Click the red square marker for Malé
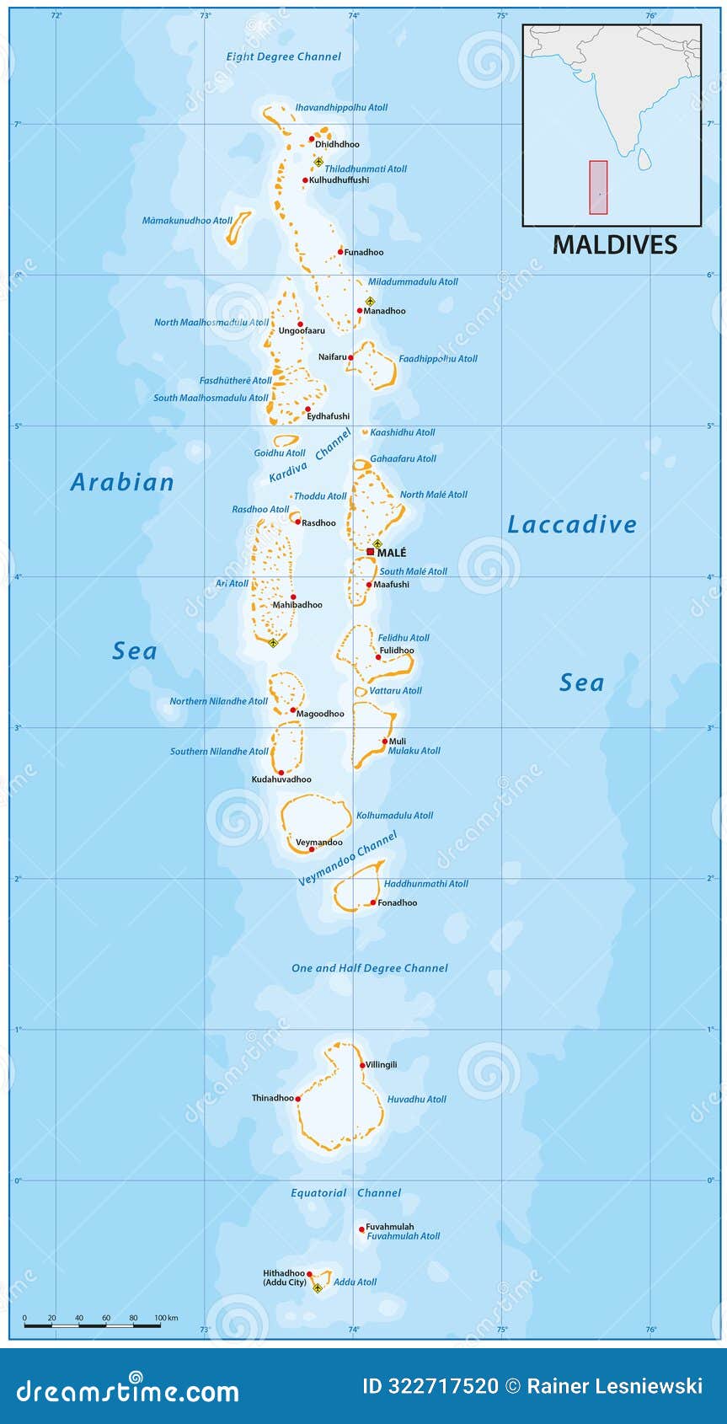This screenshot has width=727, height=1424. [370, 552]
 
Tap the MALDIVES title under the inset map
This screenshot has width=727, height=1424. [614, 245]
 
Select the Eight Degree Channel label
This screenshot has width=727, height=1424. [283, 56]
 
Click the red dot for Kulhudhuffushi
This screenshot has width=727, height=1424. [305, 180]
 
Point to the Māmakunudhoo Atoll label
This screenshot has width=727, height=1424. [186, 221]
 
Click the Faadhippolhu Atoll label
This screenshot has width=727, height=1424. [437, 359]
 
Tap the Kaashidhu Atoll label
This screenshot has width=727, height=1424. [403, 432]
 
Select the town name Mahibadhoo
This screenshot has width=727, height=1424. [297, 605]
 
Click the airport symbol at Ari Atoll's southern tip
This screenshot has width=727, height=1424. [272, 644]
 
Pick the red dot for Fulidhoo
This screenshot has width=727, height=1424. [378, 657]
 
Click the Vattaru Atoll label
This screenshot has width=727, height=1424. [395, 691]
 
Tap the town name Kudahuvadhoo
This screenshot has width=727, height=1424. [281, 780]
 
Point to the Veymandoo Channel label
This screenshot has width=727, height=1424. [347, 859]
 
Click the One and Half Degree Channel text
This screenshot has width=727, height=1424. [369, 968]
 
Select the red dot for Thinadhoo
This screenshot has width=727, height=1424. [297, 1100]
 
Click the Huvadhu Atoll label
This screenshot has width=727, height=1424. [416, 1100]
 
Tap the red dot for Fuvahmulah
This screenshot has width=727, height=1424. [362, 1229]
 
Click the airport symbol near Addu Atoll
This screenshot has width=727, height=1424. [318, 1287]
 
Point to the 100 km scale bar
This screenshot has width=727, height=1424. [93, 1325]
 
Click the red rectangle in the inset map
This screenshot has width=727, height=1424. [598, 186]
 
